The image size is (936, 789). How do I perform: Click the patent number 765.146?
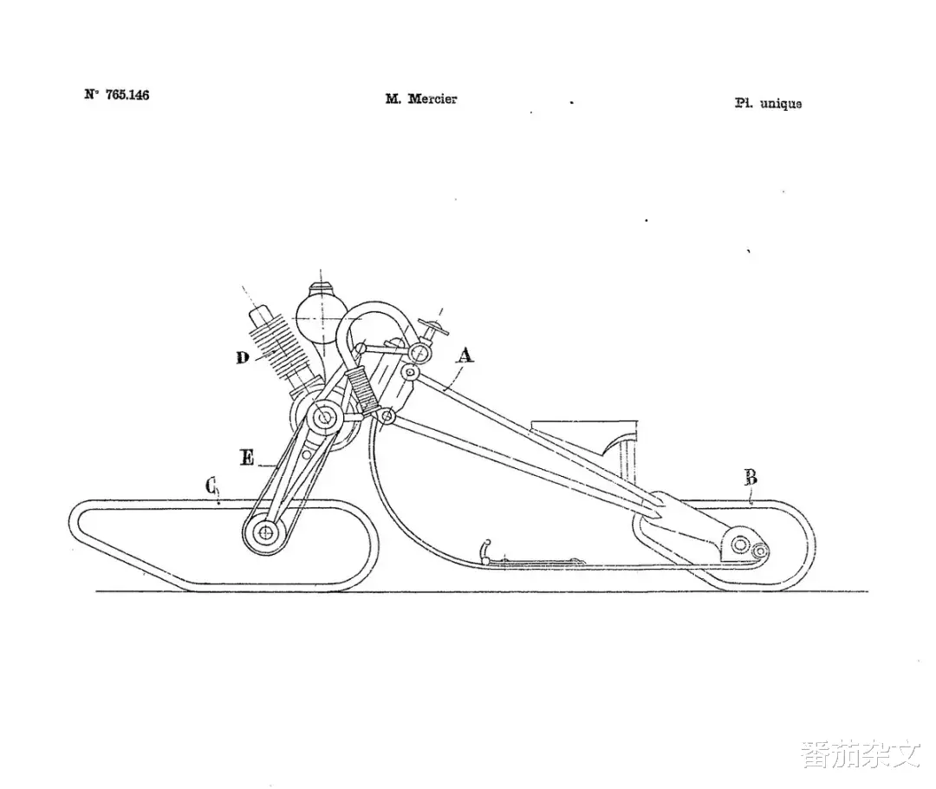click(127, 95)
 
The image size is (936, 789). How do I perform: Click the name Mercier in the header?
click(432, 99)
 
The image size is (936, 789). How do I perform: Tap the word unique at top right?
click(781, 104)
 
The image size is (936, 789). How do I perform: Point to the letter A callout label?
click(465, 356)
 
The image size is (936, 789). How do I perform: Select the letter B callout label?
click(751, 478)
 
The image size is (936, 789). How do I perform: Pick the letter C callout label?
click(211, 486)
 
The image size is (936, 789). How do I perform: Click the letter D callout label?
click(243, 358)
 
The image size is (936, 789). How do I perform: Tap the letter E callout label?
click(247, 458)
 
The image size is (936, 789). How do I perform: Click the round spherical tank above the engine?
click(322, 316)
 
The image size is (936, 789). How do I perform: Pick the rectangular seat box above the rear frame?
click(585, 443)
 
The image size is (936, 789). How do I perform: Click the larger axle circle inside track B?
click(740, 544)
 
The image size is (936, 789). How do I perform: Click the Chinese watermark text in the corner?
click(861, 754)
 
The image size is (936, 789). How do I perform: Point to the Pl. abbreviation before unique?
click(744, 102)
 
